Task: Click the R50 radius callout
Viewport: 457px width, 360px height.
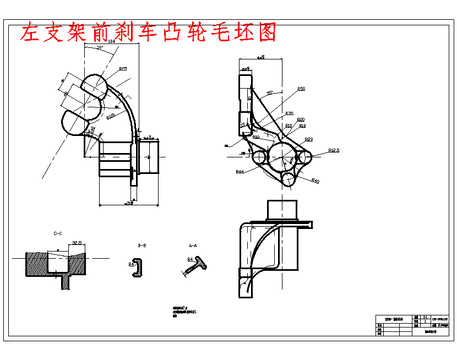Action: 301,89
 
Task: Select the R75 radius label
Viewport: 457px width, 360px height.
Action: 289,113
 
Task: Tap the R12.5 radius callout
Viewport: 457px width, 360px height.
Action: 334,150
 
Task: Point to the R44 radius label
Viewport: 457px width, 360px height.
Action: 240,172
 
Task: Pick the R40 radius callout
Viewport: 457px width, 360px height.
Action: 315,181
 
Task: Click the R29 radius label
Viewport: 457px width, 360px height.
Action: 309,139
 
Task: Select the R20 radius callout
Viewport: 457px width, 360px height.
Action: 301,119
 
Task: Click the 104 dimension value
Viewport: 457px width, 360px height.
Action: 112,41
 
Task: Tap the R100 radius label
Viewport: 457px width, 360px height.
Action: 110,116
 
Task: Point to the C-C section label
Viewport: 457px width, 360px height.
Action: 58,233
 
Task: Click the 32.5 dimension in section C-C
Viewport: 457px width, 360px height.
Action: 77,242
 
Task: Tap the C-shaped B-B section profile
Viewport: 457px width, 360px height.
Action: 137,267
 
